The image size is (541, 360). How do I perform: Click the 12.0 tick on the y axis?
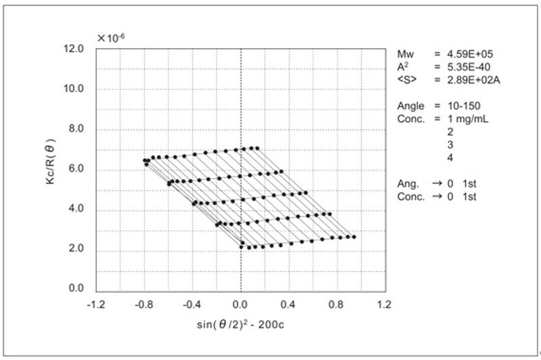click(72, 49)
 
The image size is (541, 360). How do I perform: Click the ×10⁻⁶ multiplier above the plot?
click(112, 38)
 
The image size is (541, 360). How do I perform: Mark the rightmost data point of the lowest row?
click(354, 237)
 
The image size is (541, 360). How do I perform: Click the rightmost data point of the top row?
click(258, 148)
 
